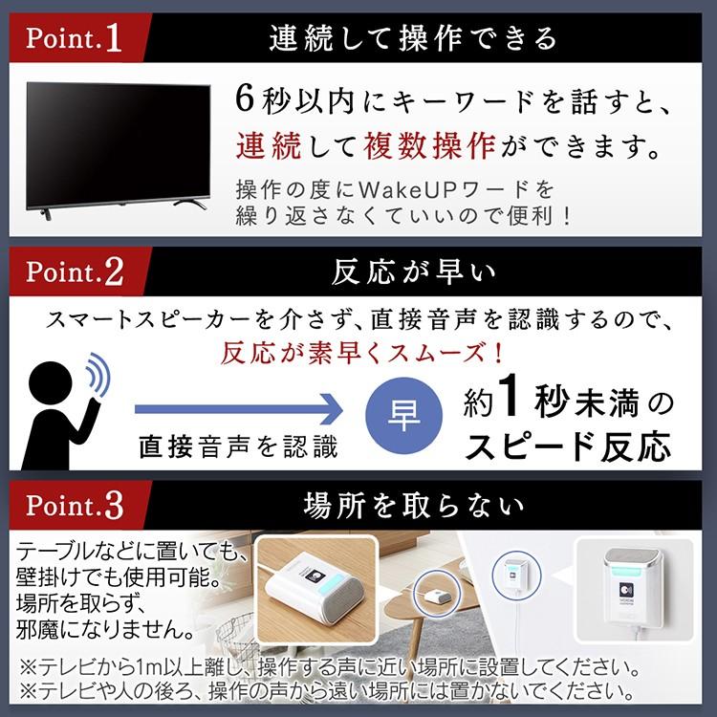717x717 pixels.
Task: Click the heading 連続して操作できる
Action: pos(413,39)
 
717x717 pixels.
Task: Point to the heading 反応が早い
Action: pos(413,272)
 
